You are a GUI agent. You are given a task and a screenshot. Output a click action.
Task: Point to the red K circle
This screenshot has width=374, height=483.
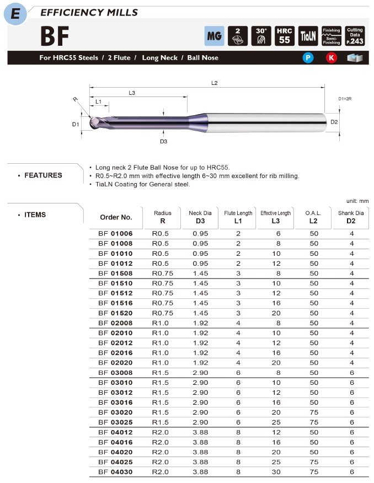click(331, 58)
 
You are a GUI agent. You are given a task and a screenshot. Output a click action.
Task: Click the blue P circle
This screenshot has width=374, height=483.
click(308, 58)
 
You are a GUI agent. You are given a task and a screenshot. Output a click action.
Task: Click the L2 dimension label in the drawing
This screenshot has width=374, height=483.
click(214, 83)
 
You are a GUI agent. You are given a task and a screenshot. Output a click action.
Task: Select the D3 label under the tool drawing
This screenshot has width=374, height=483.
click(163, 142)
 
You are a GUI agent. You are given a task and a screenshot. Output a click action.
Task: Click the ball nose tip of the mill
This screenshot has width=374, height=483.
click(92, 122)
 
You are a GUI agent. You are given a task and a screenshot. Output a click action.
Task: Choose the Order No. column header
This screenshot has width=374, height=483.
click(116, 217)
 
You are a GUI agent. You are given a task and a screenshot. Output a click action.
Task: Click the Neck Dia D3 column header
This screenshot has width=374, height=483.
click(200, 217)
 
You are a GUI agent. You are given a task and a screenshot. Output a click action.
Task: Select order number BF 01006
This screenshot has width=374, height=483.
click(115, 234)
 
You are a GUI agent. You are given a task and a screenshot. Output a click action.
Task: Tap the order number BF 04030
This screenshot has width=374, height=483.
click(115, 472)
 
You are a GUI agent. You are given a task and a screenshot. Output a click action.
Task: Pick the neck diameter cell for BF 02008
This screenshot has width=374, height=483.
click(200, 323)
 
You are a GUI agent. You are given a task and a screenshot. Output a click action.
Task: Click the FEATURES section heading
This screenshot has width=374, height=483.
click(43, 175)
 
